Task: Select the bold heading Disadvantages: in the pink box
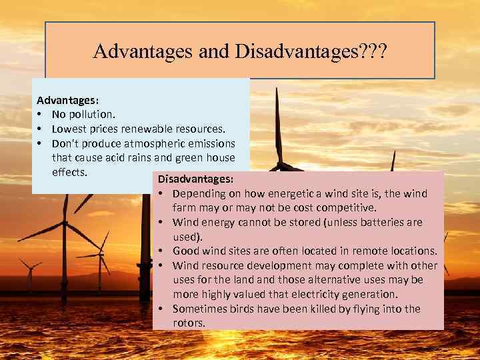(196, 179)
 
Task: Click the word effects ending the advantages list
(69, 171)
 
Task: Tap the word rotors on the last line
(189, 323)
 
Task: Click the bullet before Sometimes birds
(163, 308)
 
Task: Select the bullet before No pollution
(41, 114)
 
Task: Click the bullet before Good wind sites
(163, 251)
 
